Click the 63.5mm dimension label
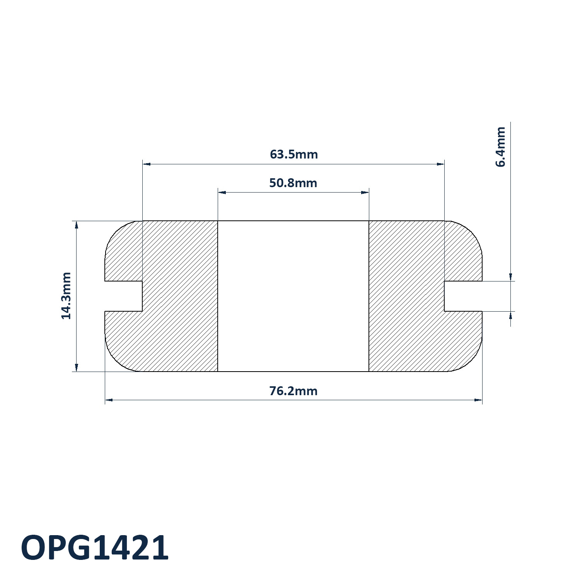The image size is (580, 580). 294,155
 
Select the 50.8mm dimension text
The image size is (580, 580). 293,183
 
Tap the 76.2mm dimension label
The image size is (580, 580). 293,391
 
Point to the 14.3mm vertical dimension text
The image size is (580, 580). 67,296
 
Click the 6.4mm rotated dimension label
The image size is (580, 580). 500,147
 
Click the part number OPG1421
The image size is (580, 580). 95,548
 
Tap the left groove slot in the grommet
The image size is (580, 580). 124,296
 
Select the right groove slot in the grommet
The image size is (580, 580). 463,296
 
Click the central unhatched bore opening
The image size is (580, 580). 293,296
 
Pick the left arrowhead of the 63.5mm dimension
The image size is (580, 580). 147,164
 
